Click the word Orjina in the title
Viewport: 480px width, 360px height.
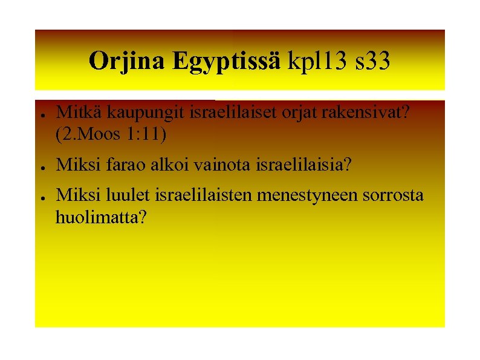click(x=127, y=61)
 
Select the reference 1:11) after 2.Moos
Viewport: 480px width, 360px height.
click(x=145, y=134)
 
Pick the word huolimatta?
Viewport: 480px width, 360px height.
click(x=100, y=217)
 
